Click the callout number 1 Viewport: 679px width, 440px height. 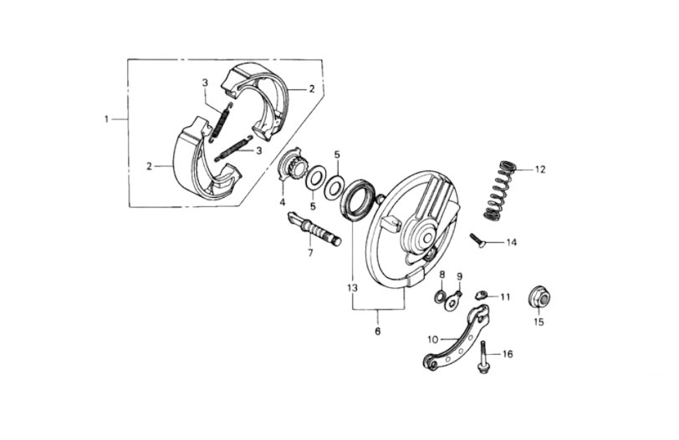pyautogui.click(x=106, y=119)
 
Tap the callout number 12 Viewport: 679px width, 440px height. pyautogui.click(x=540, y=169)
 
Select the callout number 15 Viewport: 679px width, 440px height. pyautogui.click(x=539, y=322)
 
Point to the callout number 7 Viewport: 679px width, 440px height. pyautogui.click(x=310, y=253)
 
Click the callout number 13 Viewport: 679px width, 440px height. pyautogui.click(x=352, y=287)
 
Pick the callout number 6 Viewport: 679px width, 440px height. pyautogui.click(x=378, y=331)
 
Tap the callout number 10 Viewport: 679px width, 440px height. pyautogui.click(x=433, y=339)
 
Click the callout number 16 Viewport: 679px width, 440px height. pyautogui.click(x=507, y=354)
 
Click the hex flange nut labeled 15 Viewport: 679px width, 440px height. pyautogui.click(x=539, y=299)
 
